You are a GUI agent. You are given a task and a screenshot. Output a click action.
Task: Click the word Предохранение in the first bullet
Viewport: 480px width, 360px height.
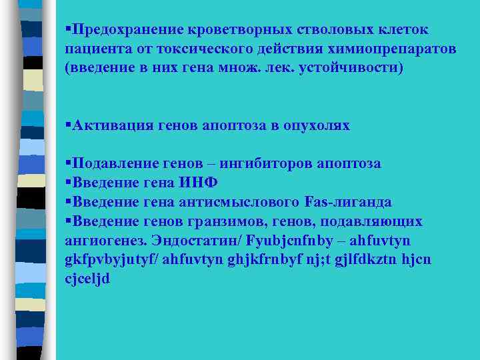(127, 30)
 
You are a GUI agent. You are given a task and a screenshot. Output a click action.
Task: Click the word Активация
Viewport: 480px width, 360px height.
(111, 125)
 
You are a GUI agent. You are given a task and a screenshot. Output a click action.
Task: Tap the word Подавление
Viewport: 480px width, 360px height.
(115, 163)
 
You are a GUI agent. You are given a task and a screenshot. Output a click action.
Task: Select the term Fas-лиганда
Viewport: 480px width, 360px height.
(347, 202)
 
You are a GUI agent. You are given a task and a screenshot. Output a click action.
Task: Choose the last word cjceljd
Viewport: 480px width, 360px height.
(87, 279)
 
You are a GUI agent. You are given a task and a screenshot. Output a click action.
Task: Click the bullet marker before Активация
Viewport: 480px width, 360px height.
(69, 125)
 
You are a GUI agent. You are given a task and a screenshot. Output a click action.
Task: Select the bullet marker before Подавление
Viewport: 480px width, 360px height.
(69, 163)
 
